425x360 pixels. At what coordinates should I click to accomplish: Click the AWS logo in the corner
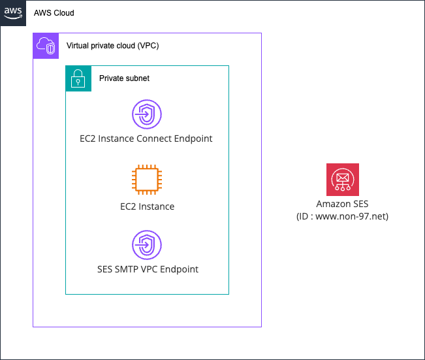13,12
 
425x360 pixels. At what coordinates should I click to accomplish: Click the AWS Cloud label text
54,13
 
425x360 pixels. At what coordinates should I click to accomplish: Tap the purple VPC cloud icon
46,46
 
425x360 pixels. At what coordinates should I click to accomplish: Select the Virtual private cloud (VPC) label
112,46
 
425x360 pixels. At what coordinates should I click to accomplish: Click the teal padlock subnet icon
78,78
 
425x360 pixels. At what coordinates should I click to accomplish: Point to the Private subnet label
124,78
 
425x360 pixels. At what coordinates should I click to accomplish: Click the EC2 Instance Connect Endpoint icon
147,115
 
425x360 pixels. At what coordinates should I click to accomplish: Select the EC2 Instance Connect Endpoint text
147,139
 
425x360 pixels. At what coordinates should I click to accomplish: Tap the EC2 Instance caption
147,206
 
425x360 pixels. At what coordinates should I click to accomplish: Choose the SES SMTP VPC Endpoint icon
147,246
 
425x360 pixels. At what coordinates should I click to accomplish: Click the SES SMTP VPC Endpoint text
147,269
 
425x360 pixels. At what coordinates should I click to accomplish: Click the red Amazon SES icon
343,180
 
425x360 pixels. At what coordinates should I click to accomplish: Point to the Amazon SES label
342,205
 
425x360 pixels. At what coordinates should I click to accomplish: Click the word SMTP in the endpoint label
128,269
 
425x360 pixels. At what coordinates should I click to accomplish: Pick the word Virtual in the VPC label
80,46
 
